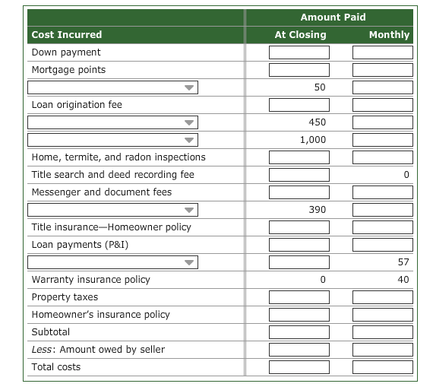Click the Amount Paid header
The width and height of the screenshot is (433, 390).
click(333, 17)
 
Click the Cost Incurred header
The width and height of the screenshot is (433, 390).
click(67, 34)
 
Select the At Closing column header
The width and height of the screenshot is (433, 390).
click(300, 34)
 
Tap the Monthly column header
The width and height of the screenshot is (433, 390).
click(388, 34)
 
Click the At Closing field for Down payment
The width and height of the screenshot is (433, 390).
click(299, 52)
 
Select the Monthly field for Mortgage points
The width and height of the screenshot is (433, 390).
click(382, 70)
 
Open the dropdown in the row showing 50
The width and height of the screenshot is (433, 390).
click(112, 87)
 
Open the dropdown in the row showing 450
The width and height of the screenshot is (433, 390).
click(112, 122)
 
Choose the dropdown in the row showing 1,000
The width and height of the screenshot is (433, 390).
click(112, 140)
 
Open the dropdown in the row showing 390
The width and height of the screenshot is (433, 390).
click(112, 210)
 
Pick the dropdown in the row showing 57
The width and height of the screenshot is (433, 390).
click(112, 262)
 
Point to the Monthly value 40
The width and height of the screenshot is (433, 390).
click(403, 280)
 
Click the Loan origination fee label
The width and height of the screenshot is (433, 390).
click(77, 105)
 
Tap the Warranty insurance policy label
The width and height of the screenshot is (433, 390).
click(91, 280)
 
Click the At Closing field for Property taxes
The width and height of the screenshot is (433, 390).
click(299, 297)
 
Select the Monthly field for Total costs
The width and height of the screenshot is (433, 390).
click(382, 367)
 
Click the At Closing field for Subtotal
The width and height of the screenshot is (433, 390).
click(299, 332)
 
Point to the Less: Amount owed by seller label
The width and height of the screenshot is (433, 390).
click(98, 350)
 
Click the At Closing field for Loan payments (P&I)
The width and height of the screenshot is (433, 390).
click(299, 245)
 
